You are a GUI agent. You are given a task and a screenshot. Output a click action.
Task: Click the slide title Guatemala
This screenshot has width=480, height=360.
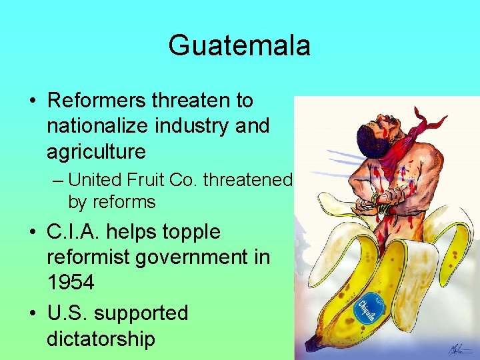click(x=239, y=46)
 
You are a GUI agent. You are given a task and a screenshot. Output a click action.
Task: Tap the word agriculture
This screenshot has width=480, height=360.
click(x=96, y=152)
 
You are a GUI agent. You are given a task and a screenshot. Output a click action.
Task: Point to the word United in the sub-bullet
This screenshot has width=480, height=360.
click(x=93, y=180)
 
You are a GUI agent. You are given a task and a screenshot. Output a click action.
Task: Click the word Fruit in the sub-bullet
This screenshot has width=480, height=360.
click(x=139, y=180)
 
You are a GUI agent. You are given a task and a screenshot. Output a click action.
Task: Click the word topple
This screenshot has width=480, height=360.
click(x=188, y=232)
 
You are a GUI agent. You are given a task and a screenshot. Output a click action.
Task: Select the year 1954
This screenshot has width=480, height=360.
click(x=71, y=283)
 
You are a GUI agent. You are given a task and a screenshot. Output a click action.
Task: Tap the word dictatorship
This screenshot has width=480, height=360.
click(x=101, y=339)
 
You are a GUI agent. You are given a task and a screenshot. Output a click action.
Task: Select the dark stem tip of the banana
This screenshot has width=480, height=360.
click(x=311, y=344)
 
